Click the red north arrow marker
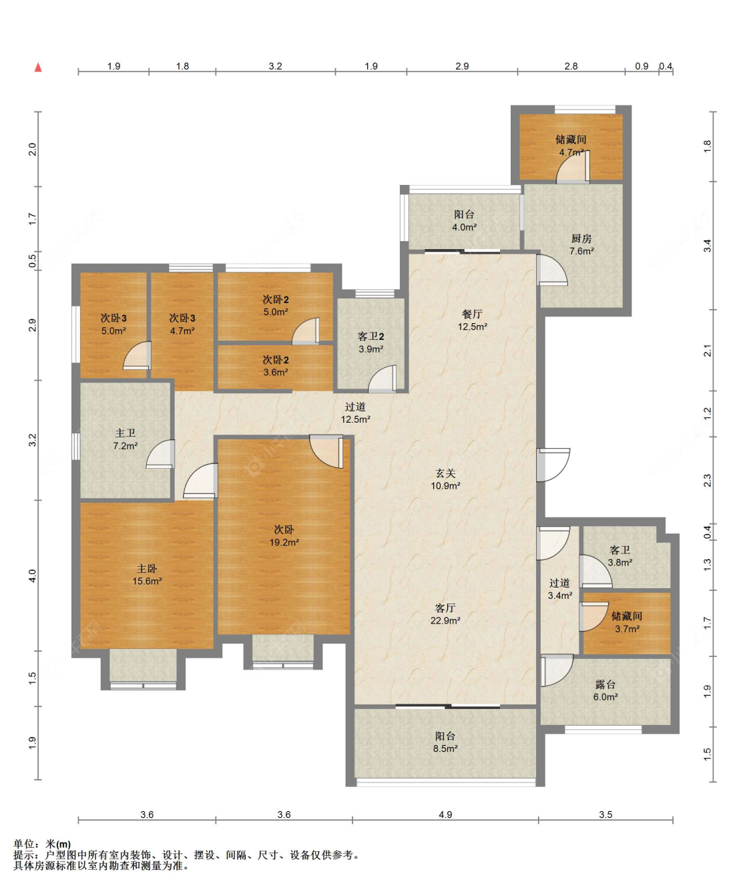[x=38, y=67]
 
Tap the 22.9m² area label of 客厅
[x=445, y=620]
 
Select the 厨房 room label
[x=581, y=238]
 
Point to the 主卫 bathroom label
[x=126, y=433]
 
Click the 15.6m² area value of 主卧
[x=147, y=581]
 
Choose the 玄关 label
[x=445, y=473]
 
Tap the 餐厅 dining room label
[x=473, y=314]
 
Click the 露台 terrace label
[x=605, y=684]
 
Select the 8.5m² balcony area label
[x=445, y=748]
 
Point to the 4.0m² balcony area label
[x=465, y=227]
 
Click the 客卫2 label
[x=370, y=337]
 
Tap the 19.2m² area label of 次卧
[x=284, y=542]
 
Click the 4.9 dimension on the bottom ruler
[x=445, y=815]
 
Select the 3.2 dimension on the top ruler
[x=276, y=66]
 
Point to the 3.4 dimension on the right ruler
[x=708, y=246]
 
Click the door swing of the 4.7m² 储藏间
[x=573, y=167]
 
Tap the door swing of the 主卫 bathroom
[x=160, y=454]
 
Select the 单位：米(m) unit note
[x=42, y=844]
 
